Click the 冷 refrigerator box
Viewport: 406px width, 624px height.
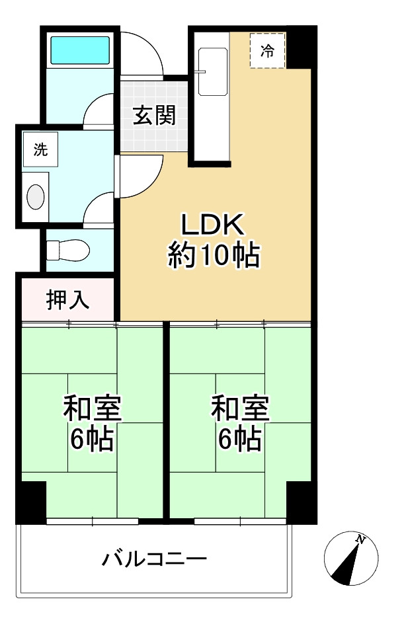[267, 50]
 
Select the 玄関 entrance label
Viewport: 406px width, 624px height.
[154, 116]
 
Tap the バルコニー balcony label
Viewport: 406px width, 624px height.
[154, 560]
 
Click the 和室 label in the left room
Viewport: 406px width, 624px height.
[92, 409]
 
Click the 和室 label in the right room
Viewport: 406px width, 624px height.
[240, 409]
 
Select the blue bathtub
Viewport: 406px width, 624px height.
[80, 49]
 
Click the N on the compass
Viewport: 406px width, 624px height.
[360, 540]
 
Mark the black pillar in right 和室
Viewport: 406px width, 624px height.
[302, 503]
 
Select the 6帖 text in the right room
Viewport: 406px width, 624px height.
[240, 438]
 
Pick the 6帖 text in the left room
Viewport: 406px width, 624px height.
[92, 438]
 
